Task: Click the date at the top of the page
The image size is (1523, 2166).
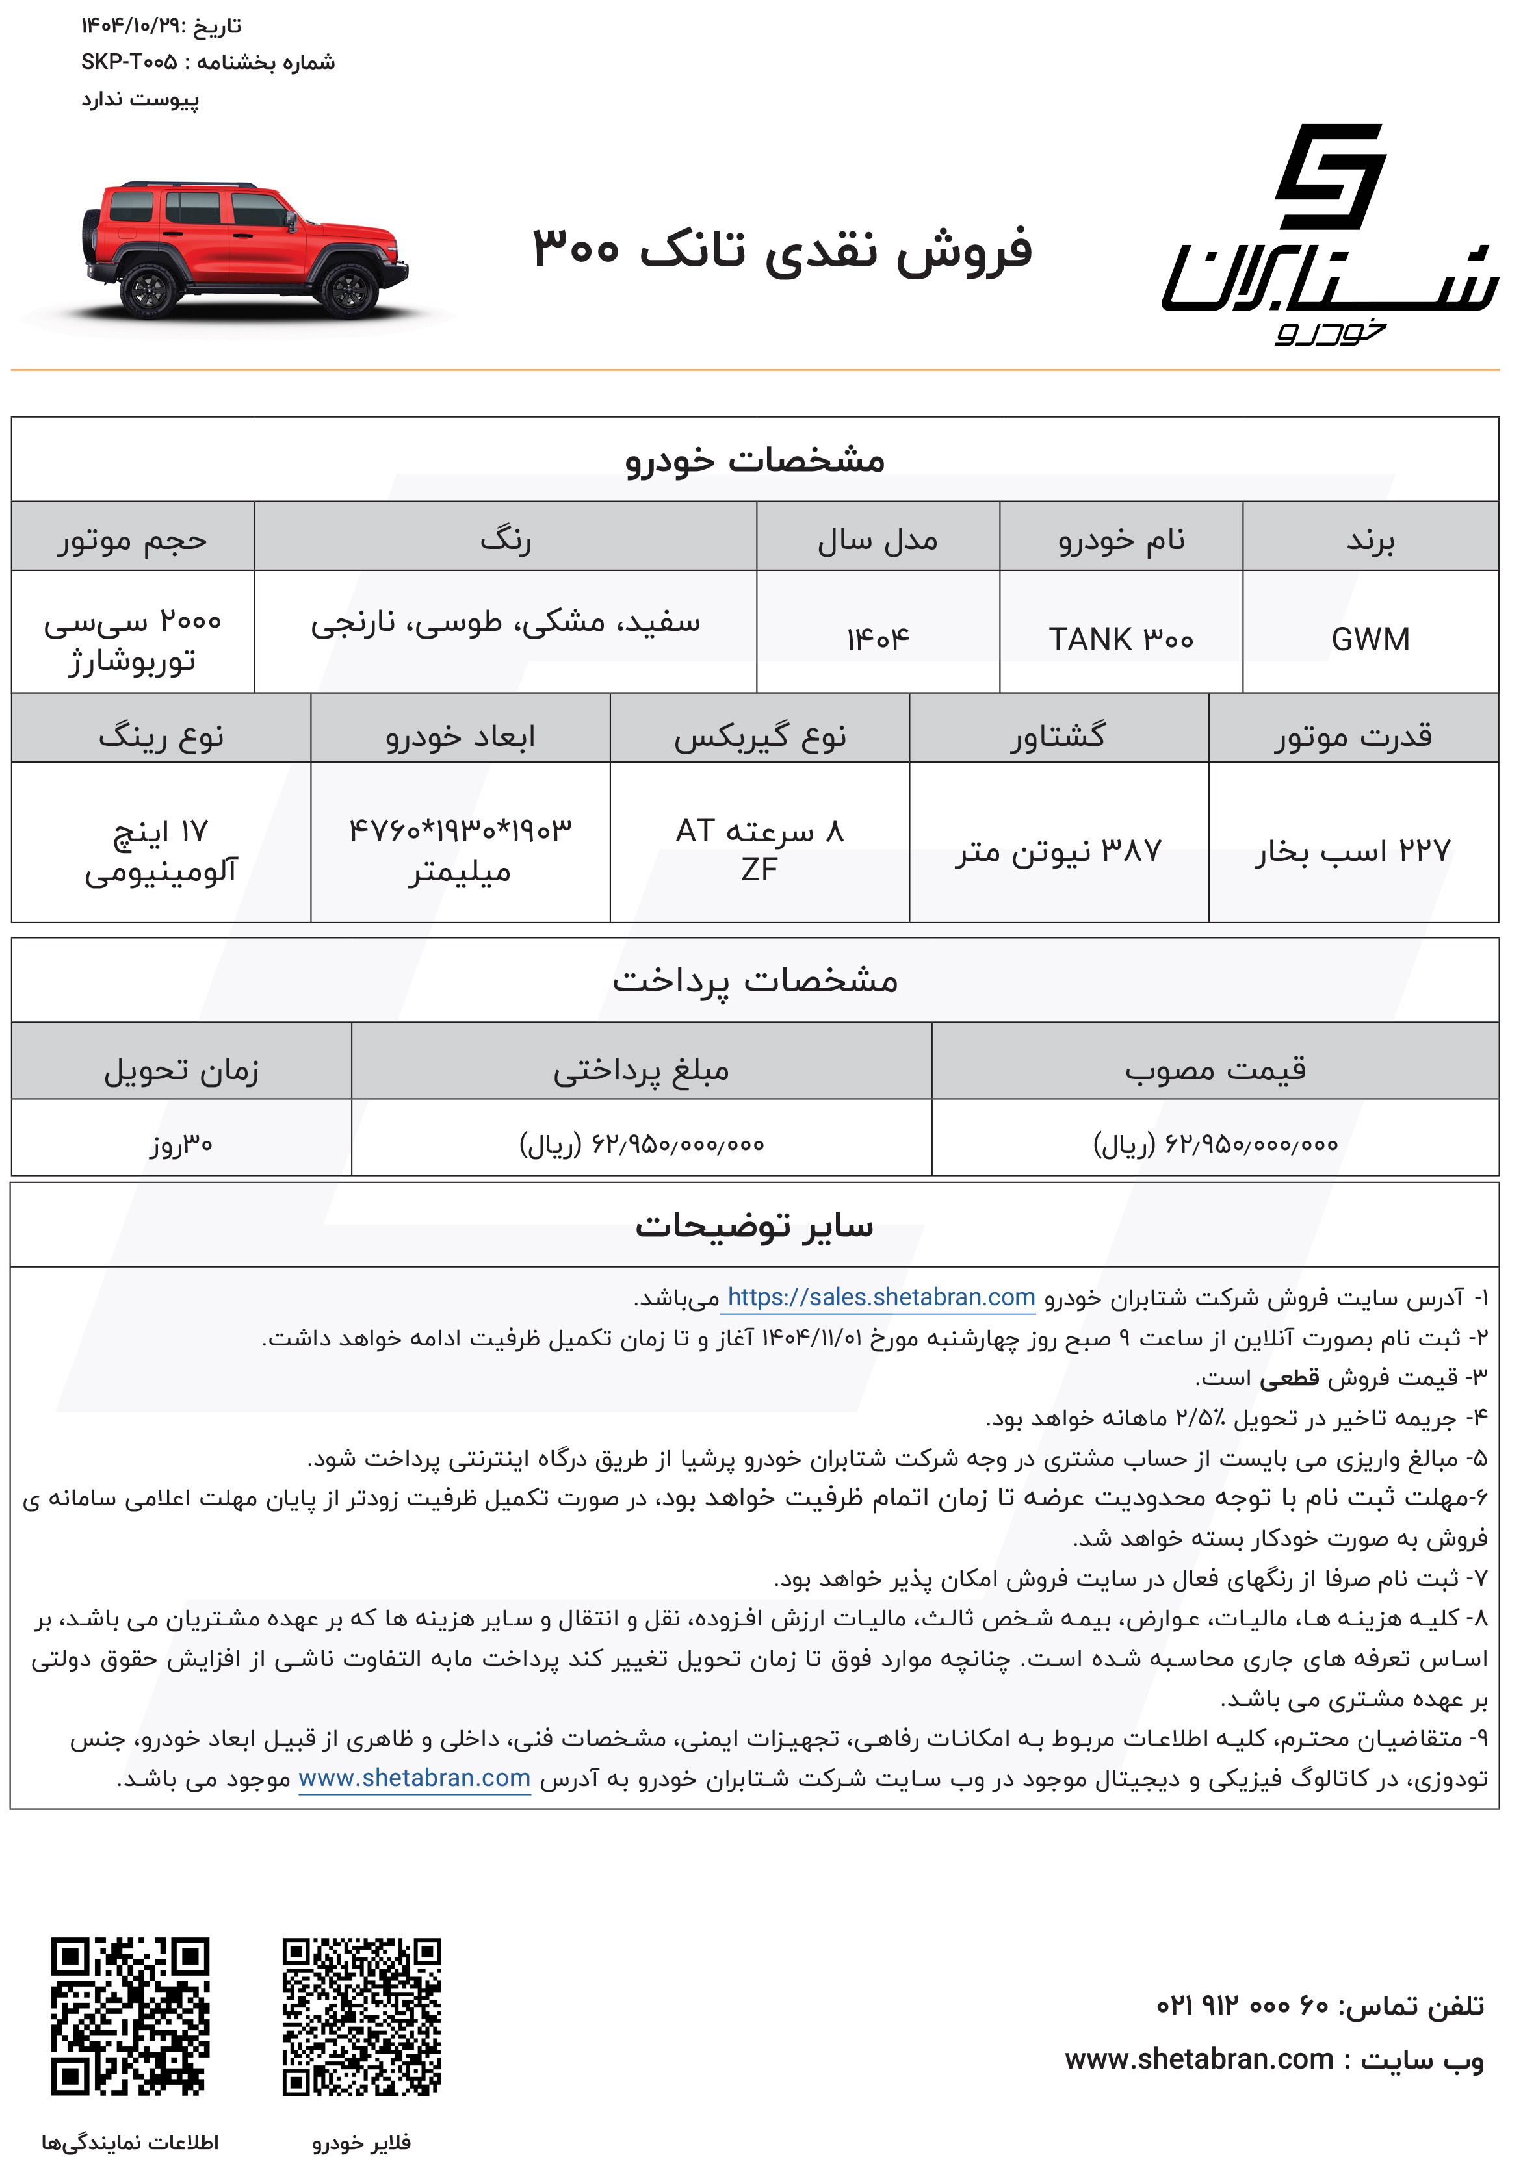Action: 161,27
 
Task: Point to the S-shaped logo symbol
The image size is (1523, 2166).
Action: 1331,177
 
